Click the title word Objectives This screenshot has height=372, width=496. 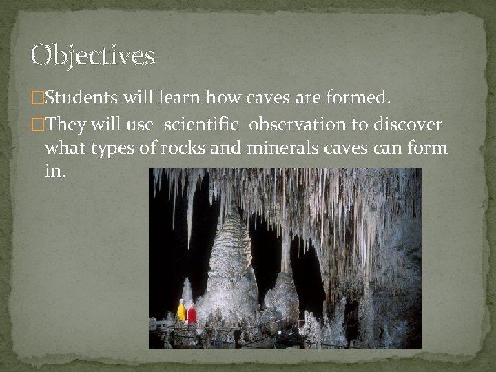(x=92, y=55)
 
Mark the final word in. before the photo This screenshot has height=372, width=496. (x=55, y=172)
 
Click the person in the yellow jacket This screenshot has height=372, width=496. (x=182, y=311)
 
